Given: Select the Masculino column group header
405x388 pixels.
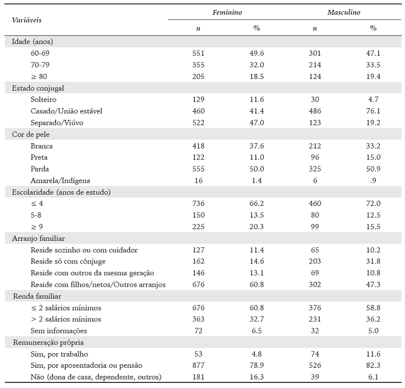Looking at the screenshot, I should [x=343, y=12].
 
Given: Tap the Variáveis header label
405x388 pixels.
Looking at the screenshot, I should [x=27, y=20].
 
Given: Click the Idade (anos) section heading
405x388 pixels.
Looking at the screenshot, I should [x=32, y=41].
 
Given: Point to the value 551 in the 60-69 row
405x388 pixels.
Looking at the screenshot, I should [x=198, y=53].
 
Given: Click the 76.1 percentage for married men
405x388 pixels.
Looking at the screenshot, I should [x=373, y=111].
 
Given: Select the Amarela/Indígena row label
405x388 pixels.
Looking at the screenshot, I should [x=60, y=181].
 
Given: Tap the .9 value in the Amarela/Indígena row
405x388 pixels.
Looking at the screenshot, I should [x=373, y=181].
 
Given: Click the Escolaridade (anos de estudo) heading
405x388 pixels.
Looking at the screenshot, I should [x=61, y=192].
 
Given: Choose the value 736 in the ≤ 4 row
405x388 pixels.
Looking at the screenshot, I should [x=198, y=203].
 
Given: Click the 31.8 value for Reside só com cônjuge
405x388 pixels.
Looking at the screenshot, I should [x=373, y=262].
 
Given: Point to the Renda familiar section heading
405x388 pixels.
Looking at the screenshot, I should [x=36, y=296].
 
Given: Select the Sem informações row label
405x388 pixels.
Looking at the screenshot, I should [x=59, y=331].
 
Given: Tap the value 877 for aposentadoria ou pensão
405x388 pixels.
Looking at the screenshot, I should [x=198, y=366].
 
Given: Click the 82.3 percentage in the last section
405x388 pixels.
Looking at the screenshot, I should [x=373, y=366].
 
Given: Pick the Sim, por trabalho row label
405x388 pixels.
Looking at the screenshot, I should [x=59, y=354].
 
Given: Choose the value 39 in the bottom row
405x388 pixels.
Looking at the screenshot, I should [x=314, y=377].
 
